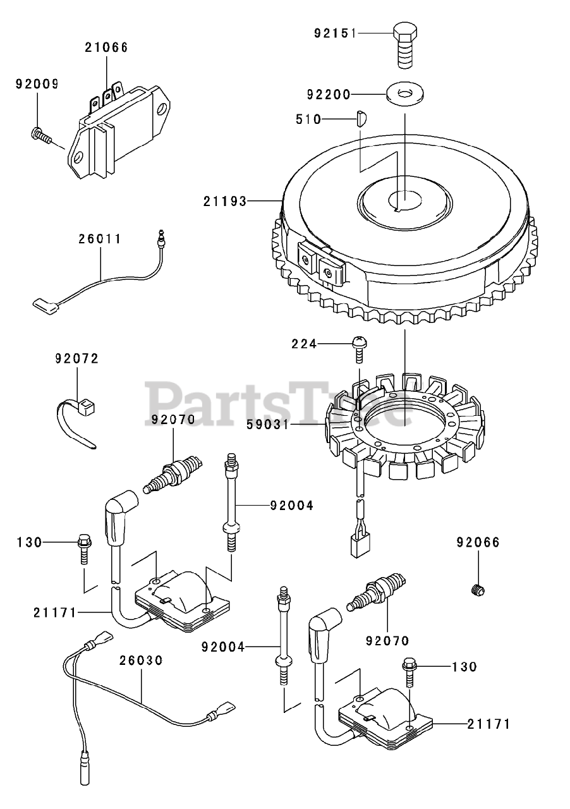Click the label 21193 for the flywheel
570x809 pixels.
(x=224, y=201)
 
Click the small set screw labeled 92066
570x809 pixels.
(x=478, y=590)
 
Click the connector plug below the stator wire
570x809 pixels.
(x=358, y=544)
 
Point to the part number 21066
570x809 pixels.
(x=106, y=46)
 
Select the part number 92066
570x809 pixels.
(x=478, y=542)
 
